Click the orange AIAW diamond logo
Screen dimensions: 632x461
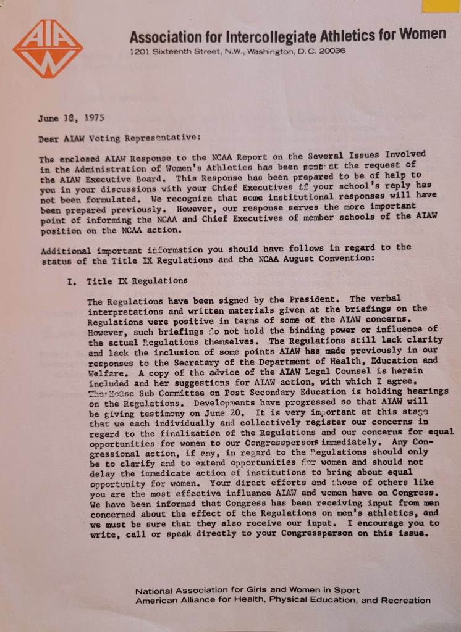pyautogui.click(x=48, y=49)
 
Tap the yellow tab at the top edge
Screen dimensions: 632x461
pyautogui.click(x=441, y=6)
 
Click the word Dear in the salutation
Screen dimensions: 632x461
pyautogui.click(x=49, y=139)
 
